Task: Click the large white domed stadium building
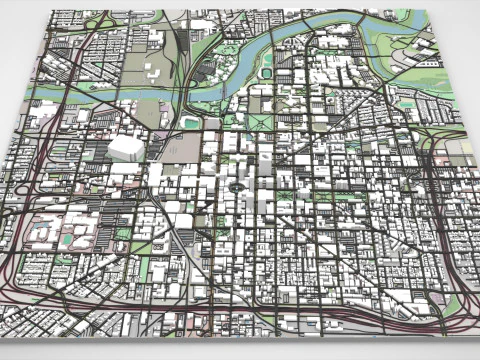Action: (126, 148)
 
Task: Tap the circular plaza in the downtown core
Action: (236, 186)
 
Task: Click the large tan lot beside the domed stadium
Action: (150, 115)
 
